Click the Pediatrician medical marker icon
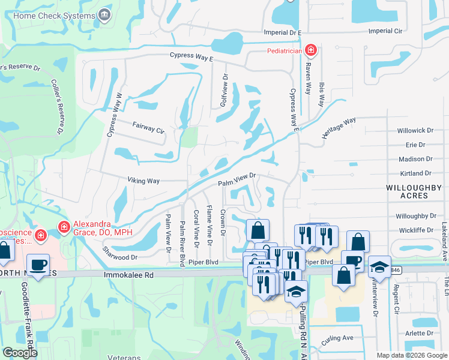pos(310,50)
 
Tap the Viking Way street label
pos(143,180)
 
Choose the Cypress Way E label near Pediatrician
pos(191,57)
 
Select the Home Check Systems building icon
pos(105,13)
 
